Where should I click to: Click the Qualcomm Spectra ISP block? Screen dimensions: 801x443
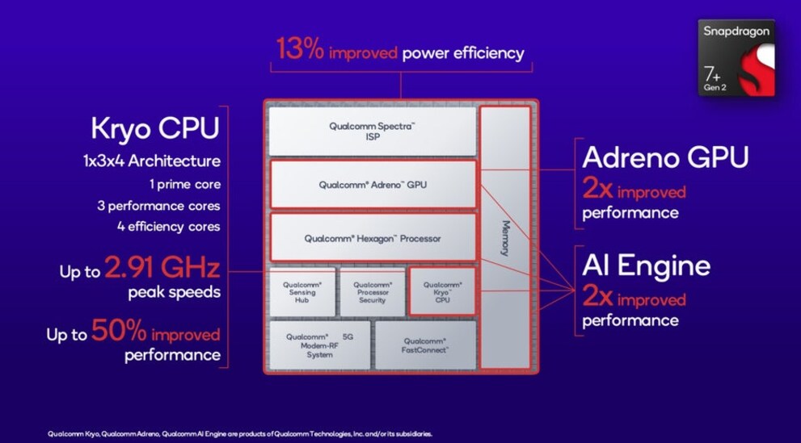point(373,132)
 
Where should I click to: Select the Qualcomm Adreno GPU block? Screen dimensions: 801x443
point(373,185)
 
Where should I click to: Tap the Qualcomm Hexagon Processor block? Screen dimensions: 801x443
point(373,238)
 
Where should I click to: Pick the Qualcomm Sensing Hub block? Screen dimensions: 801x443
point(302,292)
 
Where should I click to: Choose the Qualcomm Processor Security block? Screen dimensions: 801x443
point(373,292)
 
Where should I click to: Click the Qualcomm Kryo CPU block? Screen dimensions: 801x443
point(442,292)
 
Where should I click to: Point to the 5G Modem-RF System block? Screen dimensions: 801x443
point(319,345)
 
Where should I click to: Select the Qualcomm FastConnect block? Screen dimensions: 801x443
point(425,345)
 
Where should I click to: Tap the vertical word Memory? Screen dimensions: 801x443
point(505,237)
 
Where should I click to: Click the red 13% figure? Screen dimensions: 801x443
point(300,49)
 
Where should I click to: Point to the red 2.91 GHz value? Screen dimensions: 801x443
point(162,268)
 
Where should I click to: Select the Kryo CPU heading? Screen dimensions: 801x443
point(155,128)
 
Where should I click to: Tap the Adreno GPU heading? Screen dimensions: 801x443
point(665,157)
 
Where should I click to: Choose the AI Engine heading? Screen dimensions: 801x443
point(646,265)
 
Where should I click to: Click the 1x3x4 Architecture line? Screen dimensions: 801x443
point(152,161)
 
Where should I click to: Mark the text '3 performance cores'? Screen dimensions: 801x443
point(159,206)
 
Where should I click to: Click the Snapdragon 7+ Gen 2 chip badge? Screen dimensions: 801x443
point(736,57)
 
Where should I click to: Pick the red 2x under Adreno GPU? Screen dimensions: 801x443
point(597,189)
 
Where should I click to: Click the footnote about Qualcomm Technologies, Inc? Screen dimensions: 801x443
point(240,434)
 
